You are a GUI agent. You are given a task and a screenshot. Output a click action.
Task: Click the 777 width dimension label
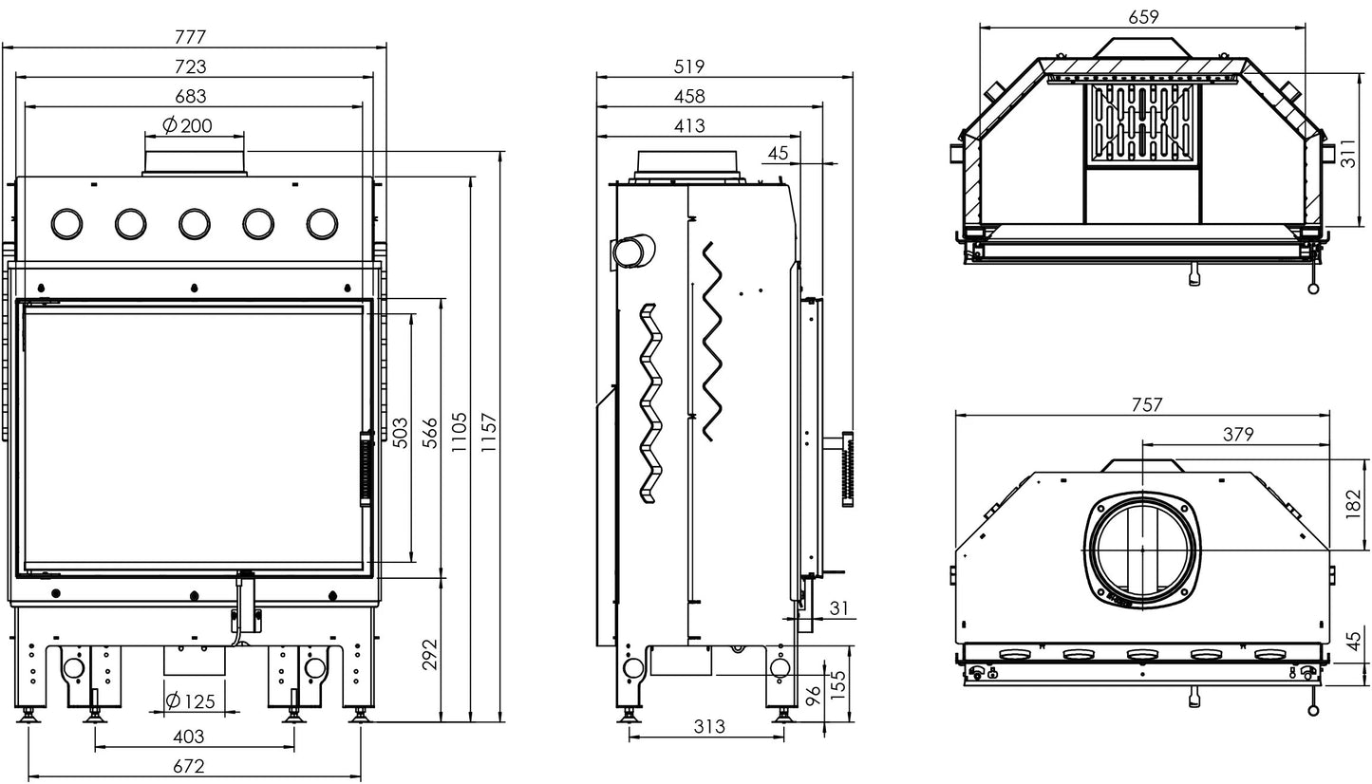[x=190, y=37]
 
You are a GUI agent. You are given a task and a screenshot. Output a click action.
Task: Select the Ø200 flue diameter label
[x=187, y=125]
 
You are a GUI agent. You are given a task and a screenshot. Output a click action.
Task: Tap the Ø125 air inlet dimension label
[x=191, y=700]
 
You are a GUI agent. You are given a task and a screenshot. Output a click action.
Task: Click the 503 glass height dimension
[x=400, y=433]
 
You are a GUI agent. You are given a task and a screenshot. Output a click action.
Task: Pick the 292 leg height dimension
[x=430, y=654]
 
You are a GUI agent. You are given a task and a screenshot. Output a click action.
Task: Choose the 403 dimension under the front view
[x=188, y=737]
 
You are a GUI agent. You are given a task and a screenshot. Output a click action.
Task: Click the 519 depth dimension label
[x=689, y=66]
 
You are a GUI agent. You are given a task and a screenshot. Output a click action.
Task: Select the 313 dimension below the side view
[x=709, y=726]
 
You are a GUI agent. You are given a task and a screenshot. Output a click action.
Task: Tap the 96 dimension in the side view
[x=813, y=696]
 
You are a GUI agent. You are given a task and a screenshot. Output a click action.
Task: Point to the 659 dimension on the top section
[x=1143, y=17]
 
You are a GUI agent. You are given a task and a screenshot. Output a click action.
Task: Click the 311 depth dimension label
[x=1348, y=153]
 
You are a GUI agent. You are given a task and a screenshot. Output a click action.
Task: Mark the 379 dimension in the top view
[x=1238, y=435]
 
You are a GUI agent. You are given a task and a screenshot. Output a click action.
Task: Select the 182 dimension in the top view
[x=1353, y=503]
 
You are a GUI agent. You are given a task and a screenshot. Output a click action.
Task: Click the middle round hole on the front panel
[x=194, y=224]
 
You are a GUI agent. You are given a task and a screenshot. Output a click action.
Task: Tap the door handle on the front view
[x=366, y=468]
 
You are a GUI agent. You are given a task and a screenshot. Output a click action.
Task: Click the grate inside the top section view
[x=1143, y=124]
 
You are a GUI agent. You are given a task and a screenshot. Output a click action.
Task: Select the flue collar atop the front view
[x=194, y=163]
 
